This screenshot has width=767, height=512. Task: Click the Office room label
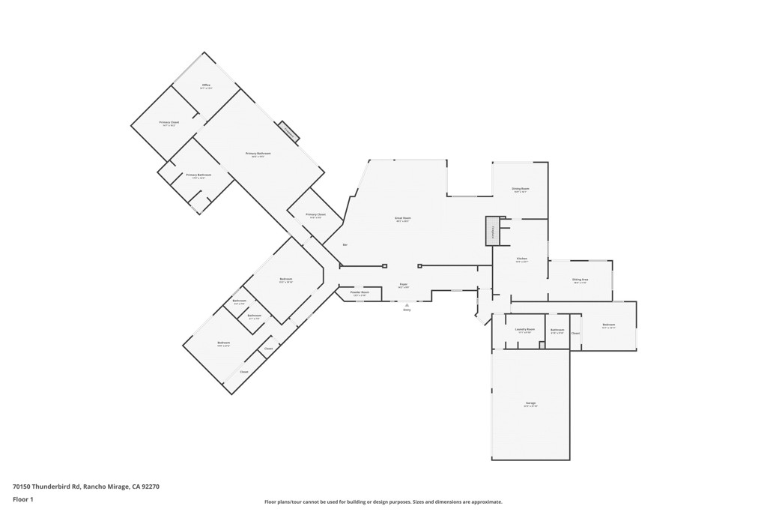tap(206, 86)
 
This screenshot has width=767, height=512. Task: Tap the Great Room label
tap(403, 219)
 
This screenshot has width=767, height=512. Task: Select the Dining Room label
tap(521, 190)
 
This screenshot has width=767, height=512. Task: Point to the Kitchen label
tap(521, 259)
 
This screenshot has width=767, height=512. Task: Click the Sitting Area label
tap(580, 280)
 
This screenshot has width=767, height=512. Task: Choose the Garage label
tap(530, 404)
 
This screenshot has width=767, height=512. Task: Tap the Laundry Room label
tap(524, 330)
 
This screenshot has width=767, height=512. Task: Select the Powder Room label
tap(360, 293)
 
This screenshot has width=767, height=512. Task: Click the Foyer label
tap(403, 286)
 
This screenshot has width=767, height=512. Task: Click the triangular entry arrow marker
tap(407, 304)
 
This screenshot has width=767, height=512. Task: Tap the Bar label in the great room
tap(345, 245)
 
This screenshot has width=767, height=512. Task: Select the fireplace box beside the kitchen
tap(493, 231)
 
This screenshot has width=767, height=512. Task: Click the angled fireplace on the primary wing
tap(290, 132)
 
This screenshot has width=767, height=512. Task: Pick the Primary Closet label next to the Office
tap(169, 123)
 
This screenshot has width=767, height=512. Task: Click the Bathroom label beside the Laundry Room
tap(557, 331)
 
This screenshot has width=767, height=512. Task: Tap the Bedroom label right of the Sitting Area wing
tap(608, 325)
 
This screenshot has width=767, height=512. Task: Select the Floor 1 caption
tap(23, 499)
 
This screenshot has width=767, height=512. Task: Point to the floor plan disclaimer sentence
tap(383, 502)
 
